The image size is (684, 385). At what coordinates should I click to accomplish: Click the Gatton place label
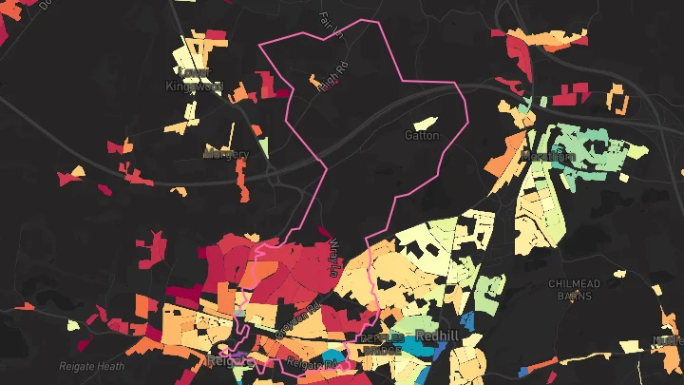point(423,135)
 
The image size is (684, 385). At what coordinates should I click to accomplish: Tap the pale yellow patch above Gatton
point(423,123)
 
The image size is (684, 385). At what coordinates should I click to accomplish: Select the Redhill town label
point(438,337)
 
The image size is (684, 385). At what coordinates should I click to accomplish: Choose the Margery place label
point(226,154)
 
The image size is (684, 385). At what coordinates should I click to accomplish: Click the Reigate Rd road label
point(312,363)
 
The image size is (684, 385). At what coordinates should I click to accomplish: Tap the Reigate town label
point(226,361)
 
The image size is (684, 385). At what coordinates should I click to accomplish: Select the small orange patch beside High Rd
point(314,84)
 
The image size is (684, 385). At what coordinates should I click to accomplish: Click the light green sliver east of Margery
point(262,147)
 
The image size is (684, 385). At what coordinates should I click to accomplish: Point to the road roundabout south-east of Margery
point(273,175)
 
